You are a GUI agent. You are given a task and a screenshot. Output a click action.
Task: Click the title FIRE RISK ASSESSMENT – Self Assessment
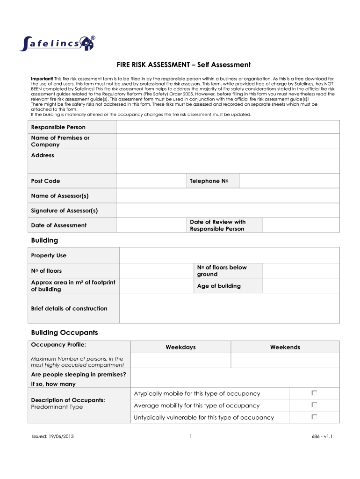click(184, 65)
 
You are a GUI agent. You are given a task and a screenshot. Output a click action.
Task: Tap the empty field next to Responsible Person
click(228, 127)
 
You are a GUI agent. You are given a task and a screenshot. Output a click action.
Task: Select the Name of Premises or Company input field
click(228, 141)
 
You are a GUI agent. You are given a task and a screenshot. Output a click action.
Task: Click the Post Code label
click(46, 181)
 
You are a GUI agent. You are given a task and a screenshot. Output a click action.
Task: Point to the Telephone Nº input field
click(289, 181)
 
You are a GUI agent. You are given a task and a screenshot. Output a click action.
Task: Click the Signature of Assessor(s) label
click(65, 210)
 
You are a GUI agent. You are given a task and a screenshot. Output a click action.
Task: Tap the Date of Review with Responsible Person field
click(301, 225)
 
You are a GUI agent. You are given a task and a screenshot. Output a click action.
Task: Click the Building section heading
click(44, 240)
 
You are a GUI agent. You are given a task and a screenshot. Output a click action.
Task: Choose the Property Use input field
click(229, 255)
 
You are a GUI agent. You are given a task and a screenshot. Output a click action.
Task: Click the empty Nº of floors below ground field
click(301, 271)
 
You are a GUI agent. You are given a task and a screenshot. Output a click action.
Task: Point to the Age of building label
click(219, 286)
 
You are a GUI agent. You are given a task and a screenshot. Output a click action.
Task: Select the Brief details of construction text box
click(229, 308)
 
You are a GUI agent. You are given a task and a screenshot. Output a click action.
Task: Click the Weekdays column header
click(180, 347)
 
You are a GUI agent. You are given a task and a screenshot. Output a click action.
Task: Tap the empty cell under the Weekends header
click(285, 360)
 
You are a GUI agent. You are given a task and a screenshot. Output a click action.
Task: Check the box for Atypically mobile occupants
click(314, 393)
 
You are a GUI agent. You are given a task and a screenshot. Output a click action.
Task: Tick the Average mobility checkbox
click(314, 405)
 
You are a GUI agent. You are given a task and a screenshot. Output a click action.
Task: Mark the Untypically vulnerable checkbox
click(314, 417)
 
